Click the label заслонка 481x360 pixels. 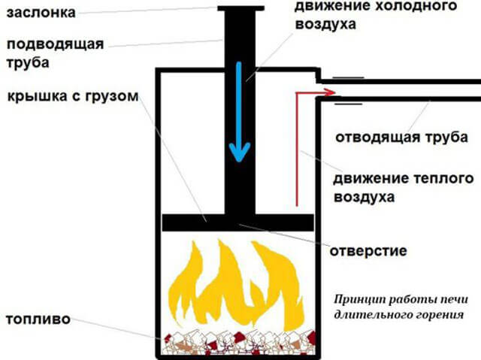click(x=41, y=13)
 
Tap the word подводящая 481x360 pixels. click(x=55, y=45)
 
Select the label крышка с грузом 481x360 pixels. click(x=73, y=96)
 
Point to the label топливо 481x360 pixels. click(x=38, y=319)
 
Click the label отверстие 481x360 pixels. click(x=368, y=251)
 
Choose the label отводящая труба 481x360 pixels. click(x=401, y=138)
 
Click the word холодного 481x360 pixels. click(x=416, y=6)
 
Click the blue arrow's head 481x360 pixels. click(x=240, y=152)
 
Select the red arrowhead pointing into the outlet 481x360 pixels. click(x=330, y=92)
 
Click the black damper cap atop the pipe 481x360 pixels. click(x=240, y=8)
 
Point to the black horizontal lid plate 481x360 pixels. click(x=238, y=222)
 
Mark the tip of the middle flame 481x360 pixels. click(x=219, y=240)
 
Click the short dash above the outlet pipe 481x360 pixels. click(x=348, y=77)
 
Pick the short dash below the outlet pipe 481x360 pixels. click(x=348, y=104)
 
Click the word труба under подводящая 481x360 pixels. click(x=28, y=63)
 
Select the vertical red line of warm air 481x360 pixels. click(x=297, y=149)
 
